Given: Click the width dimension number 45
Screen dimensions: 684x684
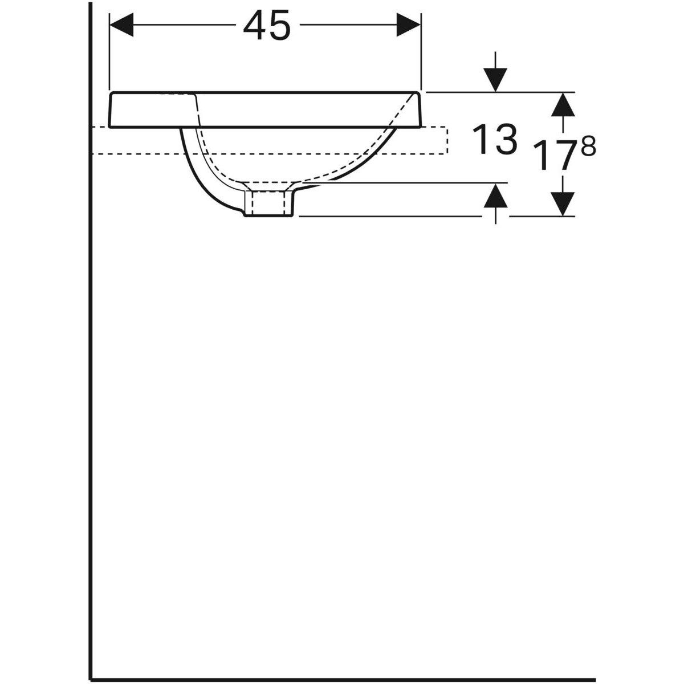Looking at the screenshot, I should point(266,27).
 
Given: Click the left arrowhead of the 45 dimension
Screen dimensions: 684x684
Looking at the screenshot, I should point(121,26).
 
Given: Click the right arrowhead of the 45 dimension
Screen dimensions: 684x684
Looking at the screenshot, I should point(409,26).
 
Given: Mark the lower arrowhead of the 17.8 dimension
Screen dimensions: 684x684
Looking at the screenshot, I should point(563,204).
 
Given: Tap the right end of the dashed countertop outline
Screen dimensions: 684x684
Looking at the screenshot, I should point(447,140).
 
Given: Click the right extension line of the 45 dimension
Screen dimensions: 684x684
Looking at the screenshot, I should point(421,57).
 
